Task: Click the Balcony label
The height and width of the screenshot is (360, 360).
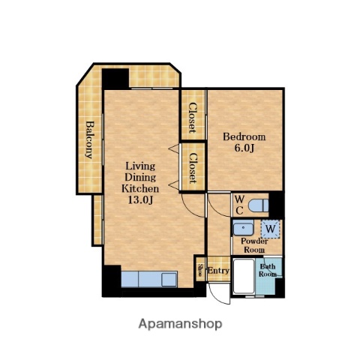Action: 89,139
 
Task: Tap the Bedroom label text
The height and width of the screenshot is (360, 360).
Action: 244,137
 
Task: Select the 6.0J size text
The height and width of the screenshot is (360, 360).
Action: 244,148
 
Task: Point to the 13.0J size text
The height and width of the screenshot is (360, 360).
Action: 140,199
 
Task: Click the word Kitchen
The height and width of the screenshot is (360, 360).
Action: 140,188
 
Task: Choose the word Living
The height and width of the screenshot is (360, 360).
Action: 140,166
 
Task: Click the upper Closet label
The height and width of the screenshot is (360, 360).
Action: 193,118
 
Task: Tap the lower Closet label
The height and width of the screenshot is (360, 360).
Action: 193,168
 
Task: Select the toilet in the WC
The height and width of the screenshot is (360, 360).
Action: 259,205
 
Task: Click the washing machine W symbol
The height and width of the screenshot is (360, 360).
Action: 271,229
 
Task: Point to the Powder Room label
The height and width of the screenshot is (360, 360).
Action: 254,245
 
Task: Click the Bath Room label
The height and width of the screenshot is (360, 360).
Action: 268,271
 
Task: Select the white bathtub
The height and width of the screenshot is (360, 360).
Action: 244,276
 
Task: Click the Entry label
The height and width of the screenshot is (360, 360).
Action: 218,271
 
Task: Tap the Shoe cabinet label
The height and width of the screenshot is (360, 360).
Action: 200,270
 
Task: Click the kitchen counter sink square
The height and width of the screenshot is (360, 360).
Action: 169,280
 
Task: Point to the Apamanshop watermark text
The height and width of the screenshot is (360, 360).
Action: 180,324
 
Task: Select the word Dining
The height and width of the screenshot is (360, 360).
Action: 140,178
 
